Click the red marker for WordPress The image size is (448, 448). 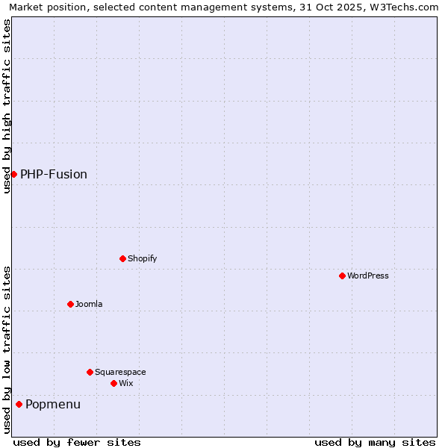tap(342, 276)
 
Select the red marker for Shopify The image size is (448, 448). tap(122, 258)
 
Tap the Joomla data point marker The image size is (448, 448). tap(70, 304)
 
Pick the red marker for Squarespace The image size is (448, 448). tap(90, 372)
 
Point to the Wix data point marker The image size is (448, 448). tap(113, 383)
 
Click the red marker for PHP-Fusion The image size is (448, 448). tap(13, 174)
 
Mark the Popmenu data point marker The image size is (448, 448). tap(19, 404)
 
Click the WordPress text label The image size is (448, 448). tap(368, 276)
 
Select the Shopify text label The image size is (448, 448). tap(142, 258)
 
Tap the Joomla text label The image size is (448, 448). tap(89, 304)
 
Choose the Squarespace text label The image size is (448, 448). tap(120, 372)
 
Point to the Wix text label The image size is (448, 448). tap(125, 383)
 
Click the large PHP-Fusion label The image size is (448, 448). tap(54, 174)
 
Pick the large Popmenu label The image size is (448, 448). tap(53, 404)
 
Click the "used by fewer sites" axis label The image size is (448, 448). tap(77, 442)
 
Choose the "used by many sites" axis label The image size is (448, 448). tap(375, 442)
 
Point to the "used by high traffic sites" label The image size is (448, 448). tap(7, 106)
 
